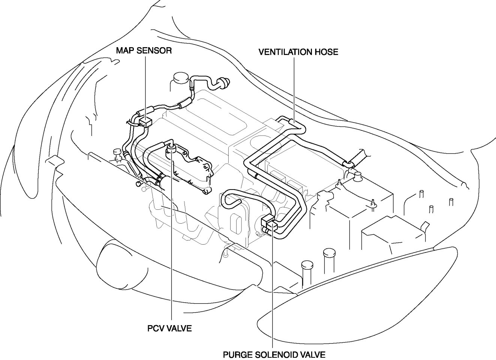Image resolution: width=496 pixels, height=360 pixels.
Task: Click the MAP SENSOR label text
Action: click(x=144, y=51)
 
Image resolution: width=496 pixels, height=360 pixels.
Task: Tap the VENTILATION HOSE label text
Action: click(x=298, y=52)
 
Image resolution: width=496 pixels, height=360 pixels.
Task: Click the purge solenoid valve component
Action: click(x=270, y=223)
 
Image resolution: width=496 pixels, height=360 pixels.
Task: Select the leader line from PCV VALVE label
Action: click(x=172, y=243)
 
